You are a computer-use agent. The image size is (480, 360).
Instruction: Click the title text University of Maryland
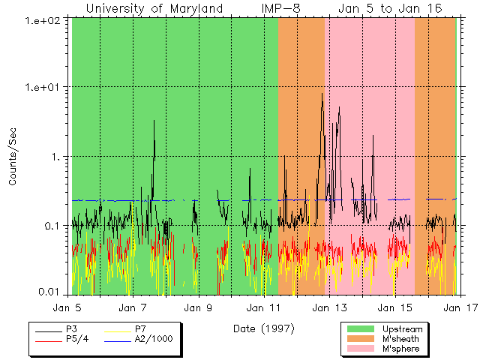click(154, 8)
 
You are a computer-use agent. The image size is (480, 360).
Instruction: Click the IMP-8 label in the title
click(283, 8)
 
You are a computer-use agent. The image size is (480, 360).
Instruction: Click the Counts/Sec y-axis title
click(13, 157)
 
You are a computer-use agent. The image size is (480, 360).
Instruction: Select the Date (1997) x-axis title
click(263, 328)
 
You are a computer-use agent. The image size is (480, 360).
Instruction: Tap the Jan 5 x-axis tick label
click(67, 307)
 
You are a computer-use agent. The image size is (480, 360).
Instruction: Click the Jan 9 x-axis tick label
click(197, 307)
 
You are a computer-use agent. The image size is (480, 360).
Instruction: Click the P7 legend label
click(140, 329)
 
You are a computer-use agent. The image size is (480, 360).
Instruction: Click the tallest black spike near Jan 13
click(322, 94)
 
